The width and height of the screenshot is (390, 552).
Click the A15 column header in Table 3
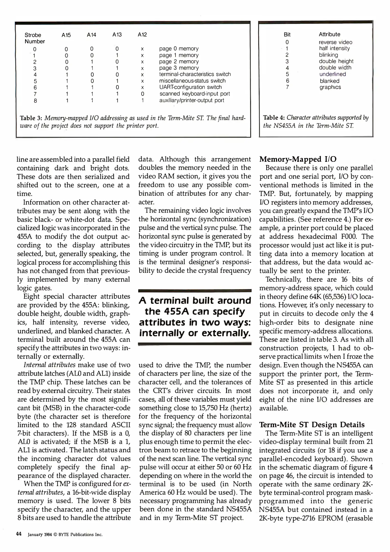tap(66, 35)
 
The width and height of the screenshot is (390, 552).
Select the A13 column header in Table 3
tap(117, 35)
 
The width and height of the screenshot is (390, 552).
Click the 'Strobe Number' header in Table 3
tap(34, 38)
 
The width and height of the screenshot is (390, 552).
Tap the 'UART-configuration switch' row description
tap(190, 87)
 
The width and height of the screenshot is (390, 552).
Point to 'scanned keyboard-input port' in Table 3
tap(194, 94)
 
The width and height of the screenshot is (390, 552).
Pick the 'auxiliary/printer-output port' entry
tap(192, 100)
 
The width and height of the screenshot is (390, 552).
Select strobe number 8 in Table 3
tap(35, 101)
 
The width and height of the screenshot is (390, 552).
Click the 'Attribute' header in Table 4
tap(329, 34)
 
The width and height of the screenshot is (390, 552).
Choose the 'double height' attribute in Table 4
tap(336, 61)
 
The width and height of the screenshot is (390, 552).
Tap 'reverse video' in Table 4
tap(335, 42)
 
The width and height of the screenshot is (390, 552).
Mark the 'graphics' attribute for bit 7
tap(330, 87)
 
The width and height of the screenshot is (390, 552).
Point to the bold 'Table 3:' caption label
tap(31, 118)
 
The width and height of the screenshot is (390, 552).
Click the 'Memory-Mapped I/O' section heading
tap(298, 159)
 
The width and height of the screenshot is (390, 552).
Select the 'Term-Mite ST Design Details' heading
tap(312, 425)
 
